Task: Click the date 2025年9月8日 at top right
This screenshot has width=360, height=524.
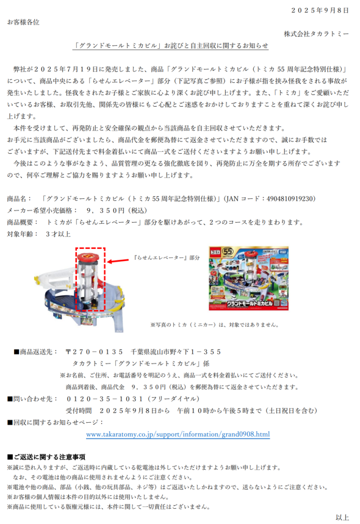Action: (322, 10)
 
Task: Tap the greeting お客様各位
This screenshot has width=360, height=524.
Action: (23, 22)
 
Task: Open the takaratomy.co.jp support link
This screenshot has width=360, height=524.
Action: (178, 434)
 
